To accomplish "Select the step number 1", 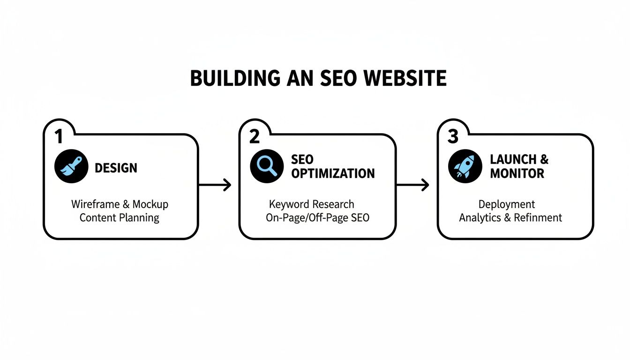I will pos(59,136).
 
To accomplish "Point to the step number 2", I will pos(255,136).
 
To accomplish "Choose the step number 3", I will pos(453,136).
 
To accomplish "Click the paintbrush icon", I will pos(71,166).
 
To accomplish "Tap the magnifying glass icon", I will pos(267,166).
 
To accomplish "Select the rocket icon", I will pos(465,166).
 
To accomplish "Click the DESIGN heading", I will pos(116,168).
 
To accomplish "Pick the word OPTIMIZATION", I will pos(333,173).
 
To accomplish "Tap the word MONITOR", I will pos(517,173).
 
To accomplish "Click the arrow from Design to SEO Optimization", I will pos(215,185).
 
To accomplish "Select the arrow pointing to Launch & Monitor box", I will pos(413,185).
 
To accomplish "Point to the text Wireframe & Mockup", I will pos(120,204).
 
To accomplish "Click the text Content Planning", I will pos(120,218).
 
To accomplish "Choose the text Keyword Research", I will pos(311,204).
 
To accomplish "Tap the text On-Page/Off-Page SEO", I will pos(317,218).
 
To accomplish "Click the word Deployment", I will pos(507,205).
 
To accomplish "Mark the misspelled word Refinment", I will pos(538,218).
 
